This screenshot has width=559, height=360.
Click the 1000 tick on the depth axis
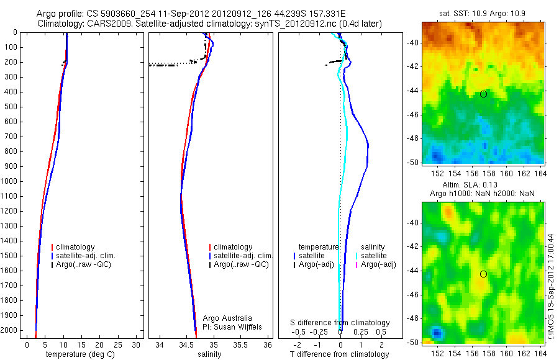point(11,181)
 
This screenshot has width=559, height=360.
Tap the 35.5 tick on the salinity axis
point(242,344)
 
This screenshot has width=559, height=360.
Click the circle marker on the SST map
point(483,94)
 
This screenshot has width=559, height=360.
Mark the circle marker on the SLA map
point(483,274)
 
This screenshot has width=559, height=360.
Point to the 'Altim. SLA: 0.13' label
point(483,186)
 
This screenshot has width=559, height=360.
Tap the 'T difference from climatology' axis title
point(340,354)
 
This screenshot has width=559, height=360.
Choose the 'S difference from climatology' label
point(340,323)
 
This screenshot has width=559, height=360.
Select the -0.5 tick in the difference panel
point(302,332)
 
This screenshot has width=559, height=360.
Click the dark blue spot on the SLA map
point(436,333)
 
